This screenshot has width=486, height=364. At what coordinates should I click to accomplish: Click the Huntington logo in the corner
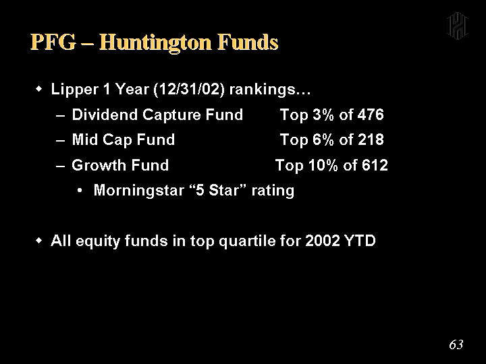457,26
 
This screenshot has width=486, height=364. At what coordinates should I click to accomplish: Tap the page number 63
456,344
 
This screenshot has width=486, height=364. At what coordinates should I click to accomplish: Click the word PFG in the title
53,42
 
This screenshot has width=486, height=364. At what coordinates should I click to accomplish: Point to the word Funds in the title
248,42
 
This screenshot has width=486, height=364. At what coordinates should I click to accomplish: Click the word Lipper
74,90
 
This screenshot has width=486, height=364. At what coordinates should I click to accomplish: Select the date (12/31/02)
189,90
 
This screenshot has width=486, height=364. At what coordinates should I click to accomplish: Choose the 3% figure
323,115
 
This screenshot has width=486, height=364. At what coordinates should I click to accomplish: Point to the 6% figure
323,140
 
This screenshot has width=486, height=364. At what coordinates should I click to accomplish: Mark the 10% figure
323,165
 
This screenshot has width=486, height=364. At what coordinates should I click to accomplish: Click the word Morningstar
139,191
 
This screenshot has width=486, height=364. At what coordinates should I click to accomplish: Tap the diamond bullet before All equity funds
38,241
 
